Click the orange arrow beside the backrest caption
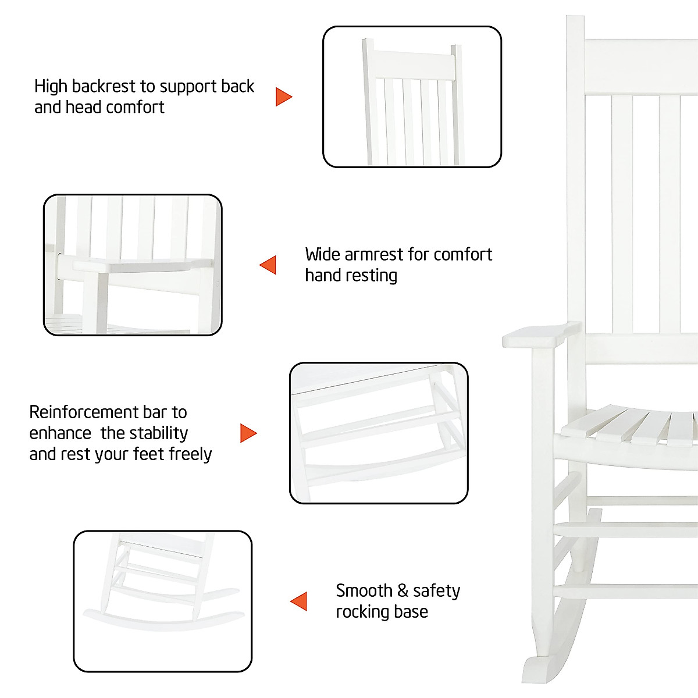[283, 97]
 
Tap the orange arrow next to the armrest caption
[269, 265]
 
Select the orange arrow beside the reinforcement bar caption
[248, 433]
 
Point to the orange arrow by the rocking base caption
[300, 601]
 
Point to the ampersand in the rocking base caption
[403, 591]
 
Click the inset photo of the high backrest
[412, 97]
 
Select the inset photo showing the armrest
[133, 265]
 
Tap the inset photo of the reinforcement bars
[379, 433]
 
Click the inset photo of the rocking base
[163, 601]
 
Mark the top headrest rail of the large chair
[640, 67]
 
